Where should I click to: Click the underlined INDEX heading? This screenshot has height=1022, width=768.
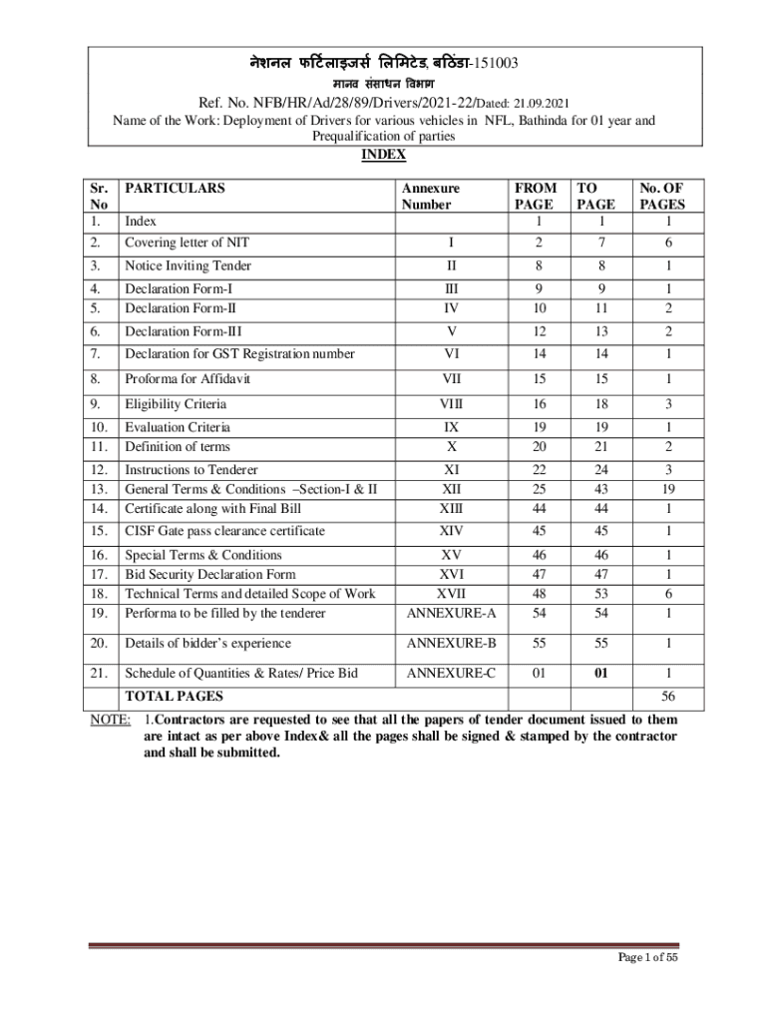(383, 155)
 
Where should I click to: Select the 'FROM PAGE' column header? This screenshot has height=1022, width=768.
(536, 196)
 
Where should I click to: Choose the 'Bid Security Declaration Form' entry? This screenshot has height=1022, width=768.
(209, 575)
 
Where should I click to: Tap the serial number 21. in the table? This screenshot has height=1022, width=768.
(98, 674)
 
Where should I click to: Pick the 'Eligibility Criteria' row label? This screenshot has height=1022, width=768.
(175, 404)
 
